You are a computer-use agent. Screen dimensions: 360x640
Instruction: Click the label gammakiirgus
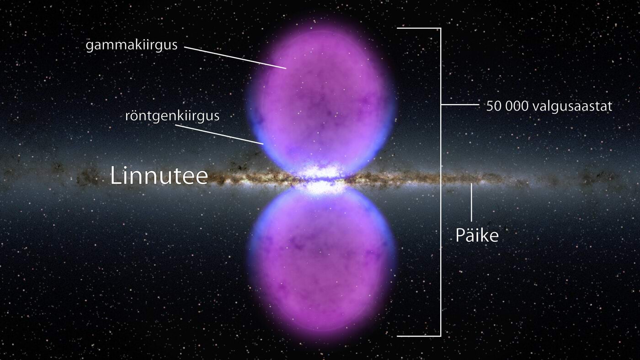[x=131, y=46]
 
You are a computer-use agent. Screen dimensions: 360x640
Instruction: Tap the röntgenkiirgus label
[x=172, y=116]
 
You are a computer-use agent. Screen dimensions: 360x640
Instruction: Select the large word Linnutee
[x=159, y=176]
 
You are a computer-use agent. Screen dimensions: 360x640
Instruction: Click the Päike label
[x=476, y=235]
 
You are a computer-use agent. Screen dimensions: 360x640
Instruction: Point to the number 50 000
[x=507, y=106]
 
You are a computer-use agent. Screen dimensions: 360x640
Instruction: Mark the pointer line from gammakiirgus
[x=235, y=57]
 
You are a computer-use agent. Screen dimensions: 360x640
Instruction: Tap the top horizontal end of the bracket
[x=418, y=28]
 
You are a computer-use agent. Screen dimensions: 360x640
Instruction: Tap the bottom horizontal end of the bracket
[x=418, y=336]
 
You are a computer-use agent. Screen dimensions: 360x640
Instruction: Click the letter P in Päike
[x=459, y=235]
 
